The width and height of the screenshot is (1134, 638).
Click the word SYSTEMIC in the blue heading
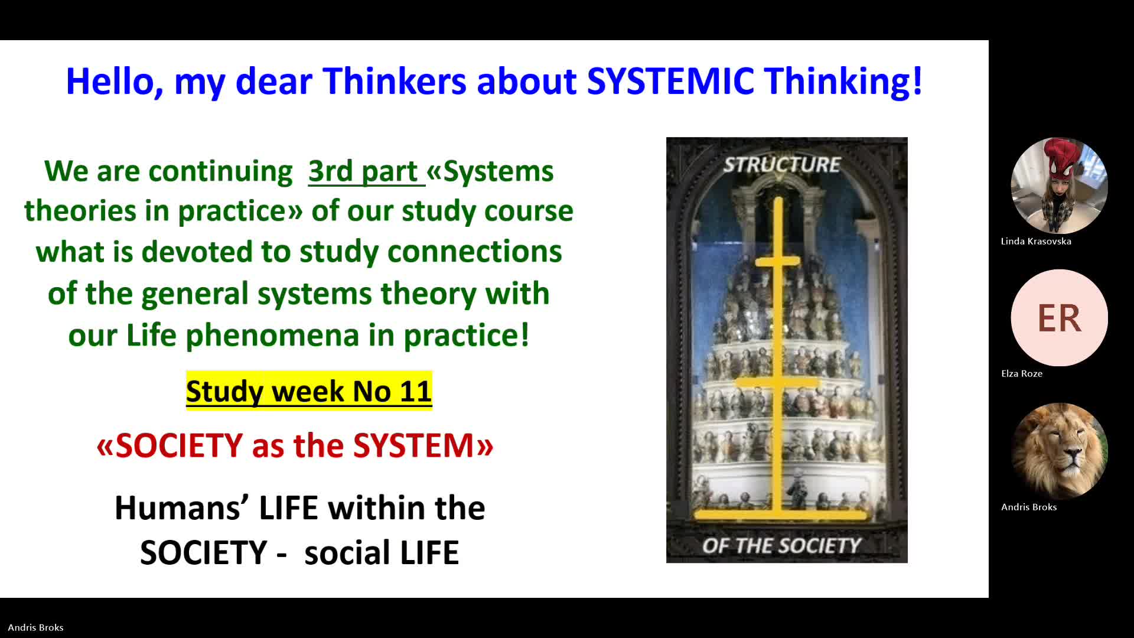coord(670,81)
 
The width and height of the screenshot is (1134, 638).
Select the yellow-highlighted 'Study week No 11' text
coord(309,390)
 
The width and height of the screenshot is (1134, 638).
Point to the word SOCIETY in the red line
coord(179,445)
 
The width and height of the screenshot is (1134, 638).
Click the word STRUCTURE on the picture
coord(781,165)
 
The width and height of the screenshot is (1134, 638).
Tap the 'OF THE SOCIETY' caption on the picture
coord(781,545)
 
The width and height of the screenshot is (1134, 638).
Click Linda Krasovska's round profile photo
coord(1059,185)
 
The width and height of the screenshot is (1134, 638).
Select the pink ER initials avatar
coord(1059,318)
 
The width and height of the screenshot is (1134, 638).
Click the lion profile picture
coord(1059,451)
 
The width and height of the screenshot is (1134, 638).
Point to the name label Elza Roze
coord(1022,373)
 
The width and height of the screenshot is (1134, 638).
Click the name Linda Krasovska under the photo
coord(1036,241)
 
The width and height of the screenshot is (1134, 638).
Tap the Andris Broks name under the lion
coord(1029,507)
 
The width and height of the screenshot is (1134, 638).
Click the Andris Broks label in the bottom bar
coord(35,627)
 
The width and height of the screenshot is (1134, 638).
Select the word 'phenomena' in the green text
coord(272,336)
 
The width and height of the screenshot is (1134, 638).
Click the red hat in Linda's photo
coord(1063,157)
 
